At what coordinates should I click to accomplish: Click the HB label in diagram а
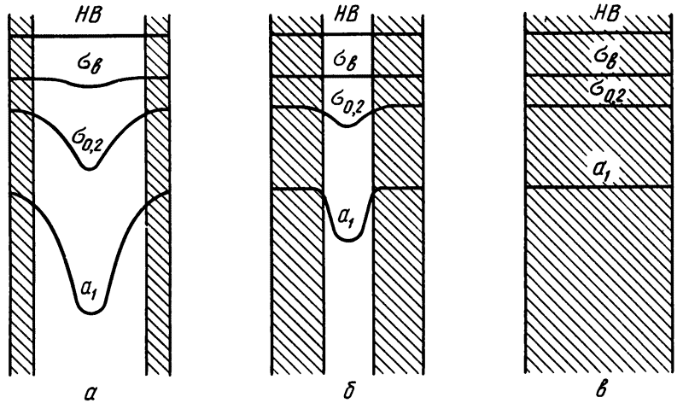90,15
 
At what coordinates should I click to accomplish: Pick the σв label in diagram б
347,61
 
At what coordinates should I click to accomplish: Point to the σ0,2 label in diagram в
606,92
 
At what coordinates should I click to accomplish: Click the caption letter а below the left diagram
90,393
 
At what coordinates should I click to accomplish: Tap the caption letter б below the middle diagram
347,391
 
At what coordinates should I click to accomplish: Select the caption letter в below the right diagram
602,391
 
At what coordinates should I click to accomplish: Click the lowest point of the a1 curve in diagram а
91,313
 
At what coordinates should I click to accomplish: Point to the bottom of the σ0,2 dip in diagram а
90,168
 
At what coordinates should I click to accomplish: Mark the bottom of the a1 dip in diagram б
348,240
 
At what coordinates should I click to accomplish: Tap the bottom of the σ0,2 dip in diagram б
347,126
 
